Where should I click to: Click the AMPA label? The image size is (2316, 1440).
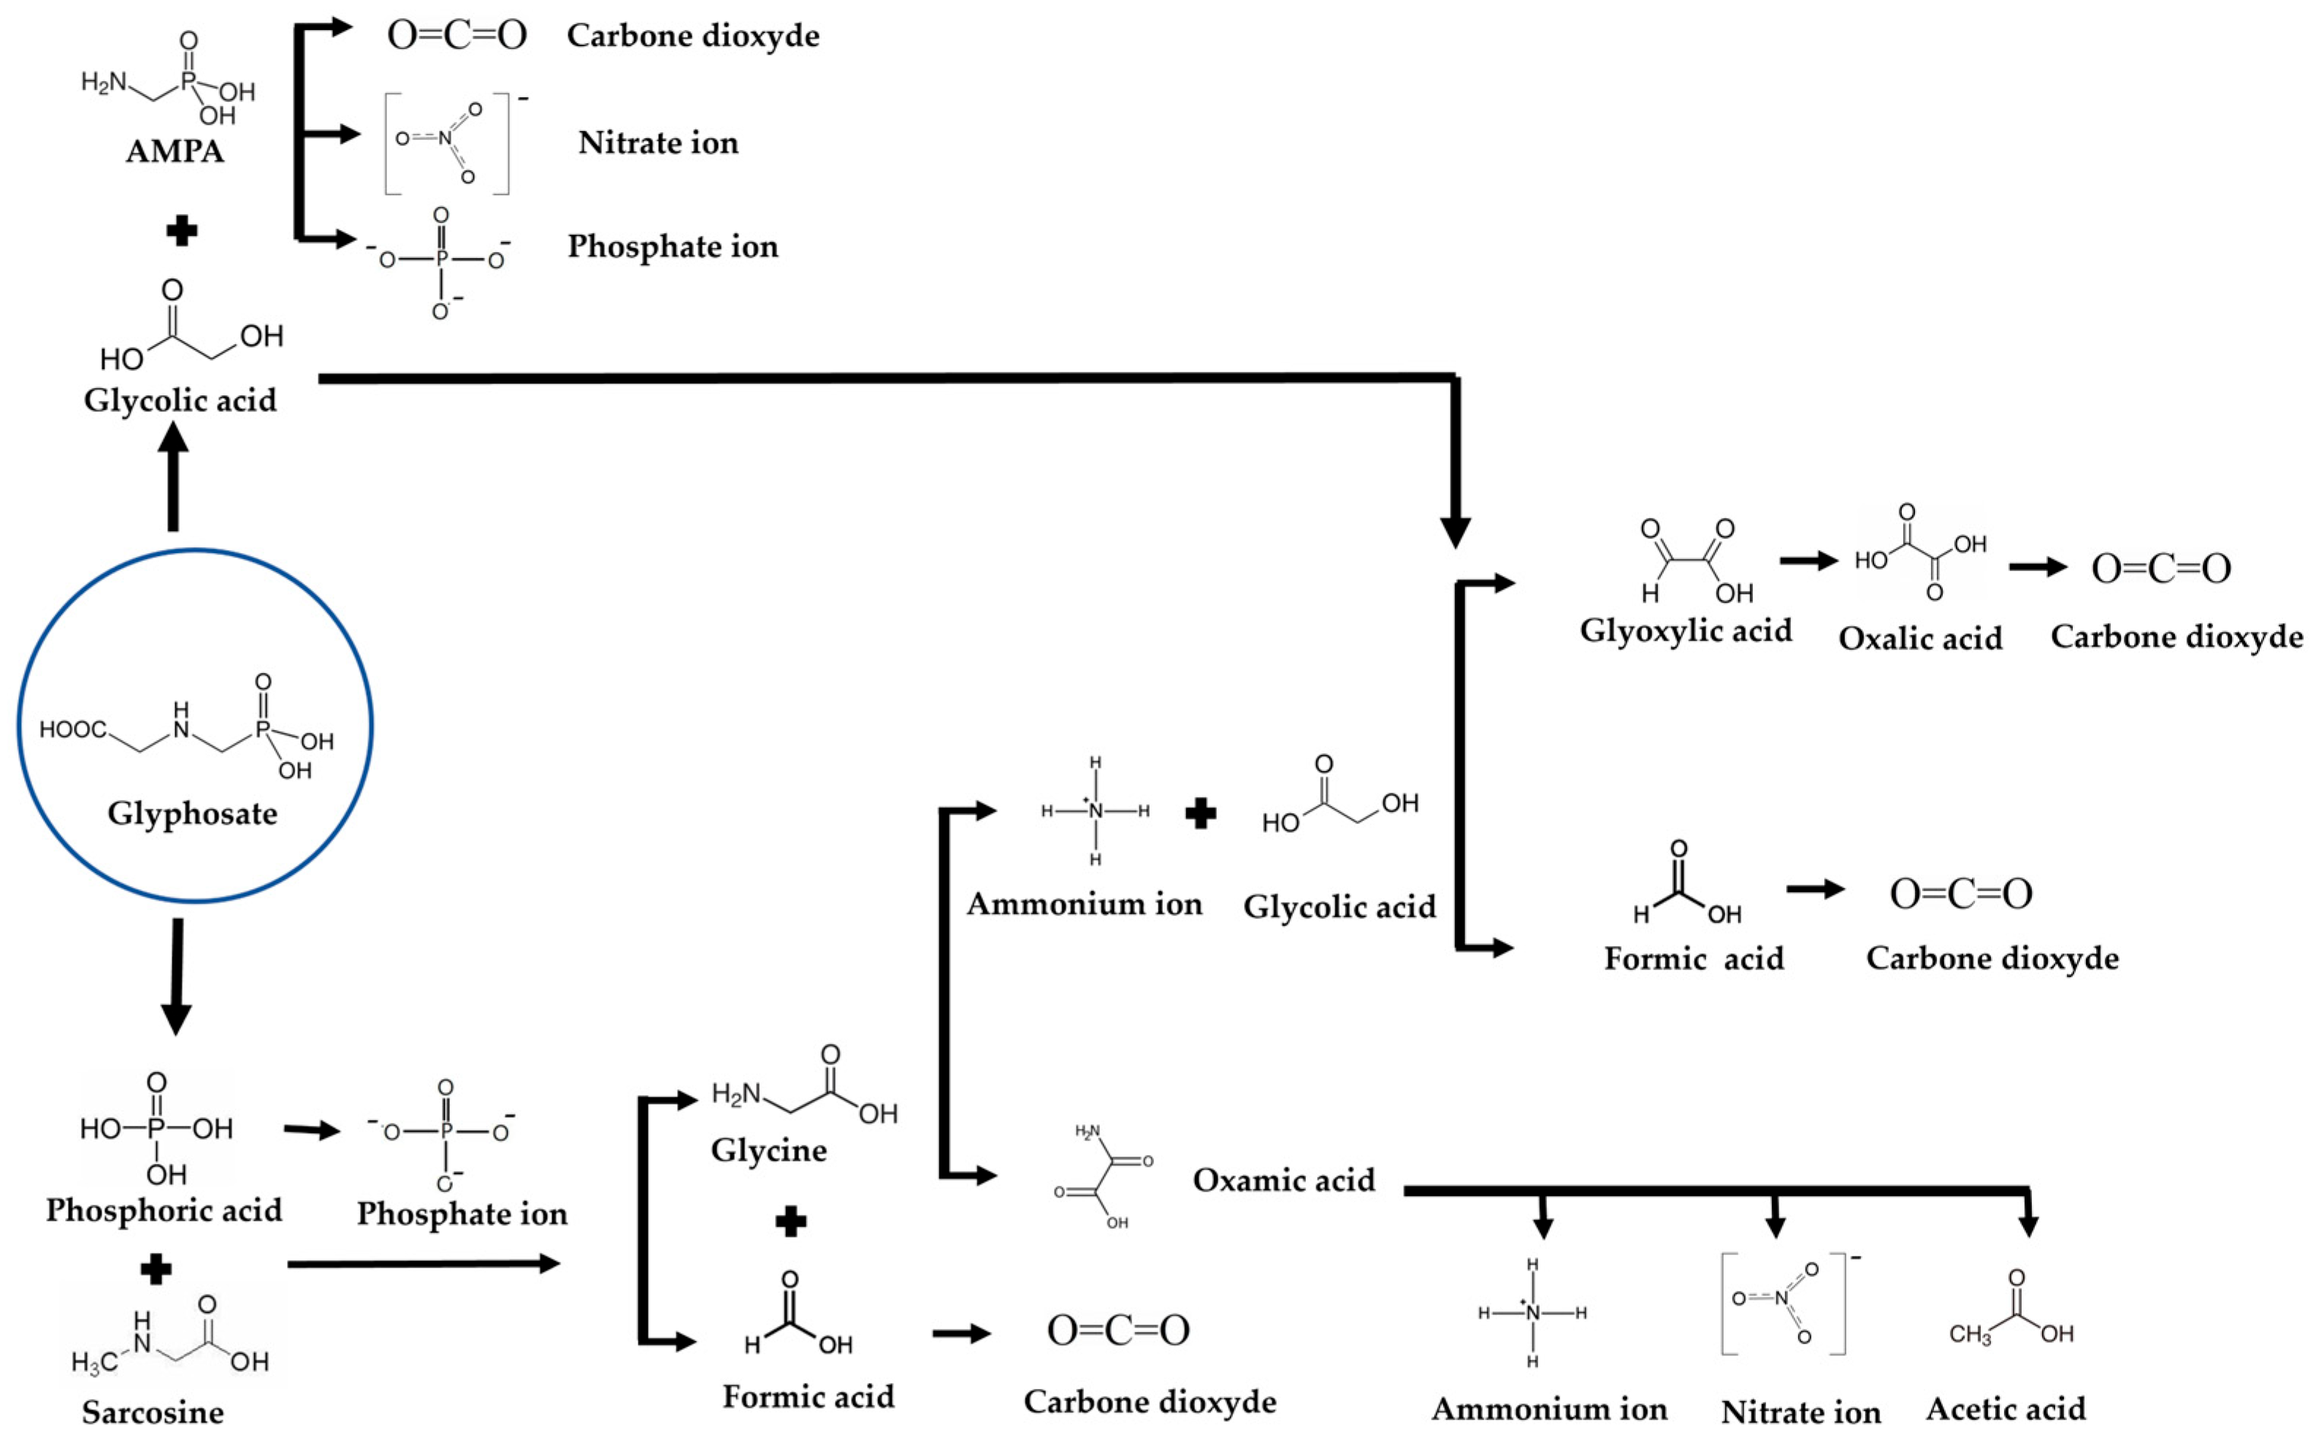(175, 151)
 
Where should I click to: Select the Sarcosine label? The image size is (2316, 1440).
(153, 1412)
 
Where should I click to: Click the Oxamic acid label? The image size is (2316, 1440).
(1283, 1180)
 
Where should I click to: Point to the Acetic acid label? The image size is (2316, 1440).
(2006, 1409)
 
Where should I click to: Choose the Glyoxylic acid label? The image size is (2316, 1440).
(1685, 631)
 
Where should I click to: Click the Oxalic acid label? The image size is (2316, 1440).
(1920, 638)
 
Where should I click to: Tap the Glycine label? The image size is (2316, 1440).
(768, 1149)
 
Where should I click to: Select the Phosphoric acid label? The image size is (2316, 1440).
(164, 1211)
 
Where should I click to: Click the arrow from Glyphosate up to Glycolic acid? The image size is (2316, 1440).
(172, 476)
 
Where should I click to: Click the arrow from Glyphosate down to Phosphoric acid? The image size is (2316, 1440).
(176, 976)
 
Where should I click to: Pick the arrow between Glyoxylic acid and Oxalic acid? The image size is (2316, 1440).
(1808, 562)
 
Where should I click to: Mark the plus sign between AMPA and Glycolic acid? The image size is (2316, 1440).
(181, 230)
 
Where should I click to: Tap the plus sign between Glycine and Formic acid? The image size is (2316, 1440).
(791, 1222)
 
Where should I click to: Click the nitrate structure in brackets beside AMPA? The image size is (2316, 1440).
(446, 143)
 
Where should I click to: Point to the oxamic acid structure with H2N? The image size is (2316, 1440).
(1104, 1176)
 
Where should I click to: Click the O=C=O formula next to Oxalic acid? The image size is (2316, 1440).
(2161, 568)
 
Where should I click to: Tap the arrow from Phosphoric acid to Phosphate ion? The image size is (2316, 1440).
(312, 1130)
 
